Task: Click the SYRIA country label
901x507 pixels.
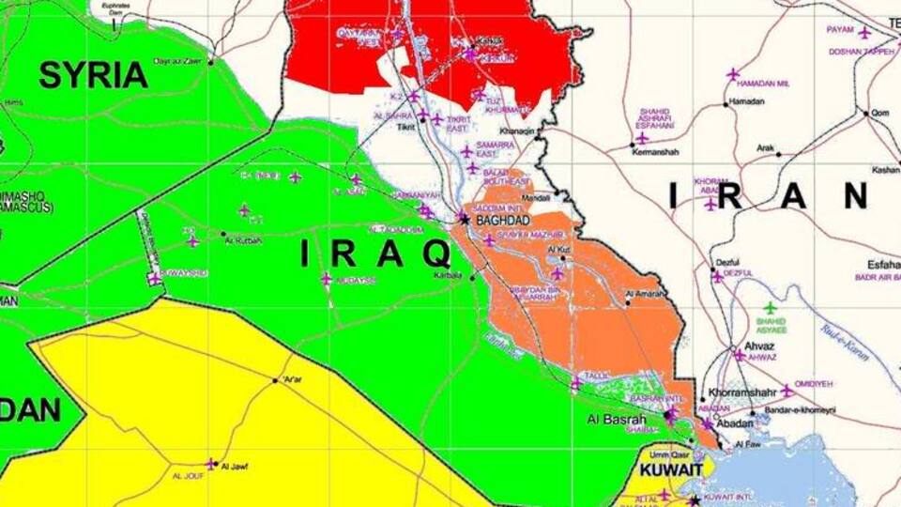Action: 93,75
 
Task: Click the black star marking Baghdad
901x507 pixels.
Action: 464,219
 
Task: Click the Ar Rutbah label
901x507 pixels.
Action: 240,240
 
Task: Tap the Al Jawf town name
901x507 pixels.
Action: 234,465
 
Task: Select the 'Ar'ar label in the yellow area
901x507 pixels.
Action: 292,379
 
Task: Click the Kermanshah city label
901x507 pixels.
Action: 655,152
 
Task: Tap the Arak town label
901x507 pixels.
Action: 766,148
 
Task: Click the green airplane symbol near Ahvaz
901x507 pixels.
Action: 771,307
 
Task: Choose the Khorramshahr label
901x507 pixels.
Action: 741,392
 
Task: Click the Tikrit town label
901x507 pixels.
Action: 405,126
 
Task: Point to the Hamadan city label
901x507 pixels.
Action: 746,101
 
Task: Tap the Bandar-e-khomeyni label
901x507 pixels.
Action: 800,410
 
